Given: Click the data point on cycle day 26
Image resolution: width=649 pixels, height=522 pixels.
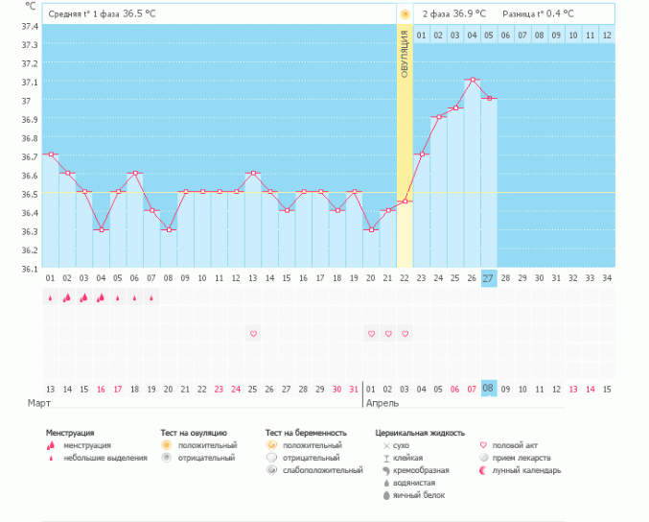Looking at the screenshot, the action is pyautogui.click(x=473, y=80).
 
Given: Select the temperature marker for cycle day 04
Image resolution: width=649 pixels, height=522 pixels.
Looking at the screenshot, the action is pyautogui.click(x=101, y=229).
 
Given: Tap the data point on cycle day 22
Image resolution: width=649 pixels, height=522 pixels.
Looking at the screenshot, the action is pyautogui.click(x=405, y=202).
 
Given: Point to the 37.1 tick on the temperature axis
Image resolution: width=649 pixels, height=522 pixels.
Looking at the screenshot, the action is pyautogui.click(x=30, y=82).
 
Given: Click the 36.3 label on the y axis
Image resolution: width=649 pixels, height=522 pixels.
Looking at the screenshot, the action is pyautogui.click(x=30, y=231).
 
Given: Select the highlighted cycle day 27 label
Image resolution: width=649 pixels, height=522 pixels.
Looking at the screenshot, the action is pyautogui.click(x=489, y=278).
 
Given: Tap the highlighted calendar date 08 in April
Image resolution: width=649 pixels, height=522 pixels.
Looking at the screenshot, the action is pyautogui.click(x=489, y=389).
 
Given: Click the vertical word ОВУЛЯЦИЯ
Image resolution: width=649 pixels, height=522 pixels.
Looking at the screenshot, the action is pyautogui.click(x=405, y=55).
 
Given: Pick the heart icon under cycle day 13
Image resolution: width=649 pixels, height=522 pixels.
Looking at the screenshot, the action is pyautogui.click(x=253, y=334).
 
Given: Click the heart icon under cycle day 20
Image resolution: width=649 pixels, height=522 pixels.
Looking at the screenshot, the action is pyautogui.click(x=371, y=334).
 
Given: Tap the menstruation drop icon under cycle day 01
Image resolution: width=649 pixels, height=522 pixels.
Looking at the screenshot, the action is pyautogui.click(x=51, y=297).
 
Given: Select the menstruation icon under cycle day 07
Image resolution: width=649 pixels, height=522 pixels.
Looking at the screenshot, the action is pyautogui.click(x=151, y=297).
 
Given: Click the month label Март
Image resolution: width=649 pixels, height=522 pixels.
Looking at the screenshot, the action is pyautogui.click(x=39, y=403).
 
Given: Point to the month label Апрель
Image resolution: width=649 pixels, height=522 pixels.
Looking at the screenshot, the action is pyautogui.click(x=382, y=403).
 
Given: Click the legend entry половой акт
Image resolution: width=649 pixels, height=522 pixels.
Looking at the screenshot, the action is pyautogui.click(x=515, y=445).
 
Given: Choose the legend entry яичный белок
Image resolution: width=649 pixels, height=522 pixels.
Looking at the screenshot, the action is pyautogui.click(x=419, y=495).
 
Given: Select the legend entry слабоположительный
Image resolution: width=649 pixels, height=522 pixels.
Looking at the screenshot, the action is pyautogui.click(x=323, y=470).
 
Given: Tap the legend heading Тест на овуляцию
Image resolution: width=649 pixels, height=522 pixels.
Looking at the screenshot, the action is pyautogui.click(x=194, y=433).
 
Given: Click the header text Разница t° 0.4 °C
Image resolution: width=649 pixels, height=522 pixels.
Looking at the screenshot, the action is pyautogui.click(x=538, y=13).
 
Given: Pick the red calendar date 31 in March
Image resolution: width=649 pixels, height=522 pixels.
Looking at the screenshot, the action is pyautogui.click(x=354, y=390).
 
